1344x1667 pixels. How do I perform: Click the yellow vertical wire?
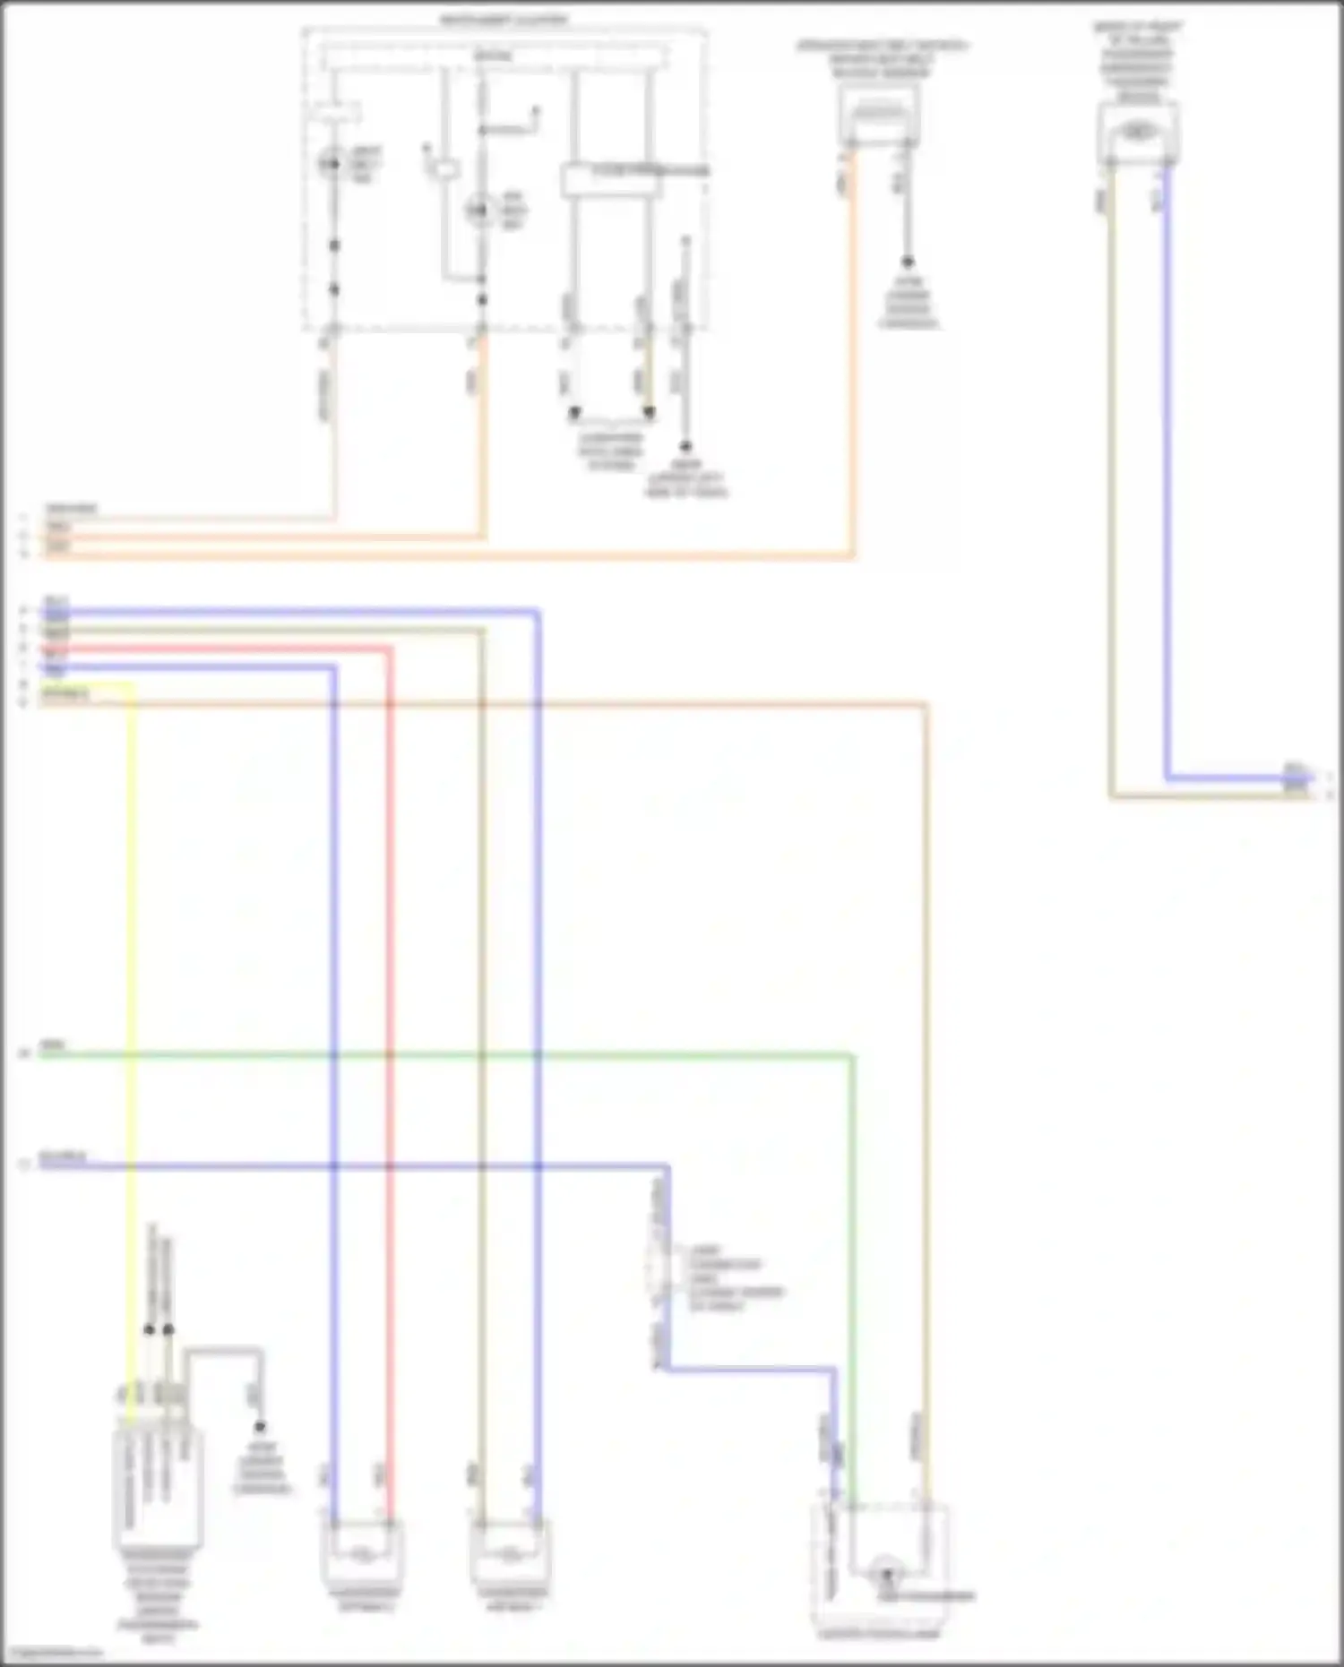pyautogui.click(x=133, y=985)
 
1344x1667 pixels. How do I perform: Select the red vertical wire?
pyautogui.click(x=390, y=985)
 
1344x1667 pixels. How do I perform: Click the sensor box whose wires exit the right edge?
pyautogui.click(x=1137, y=133)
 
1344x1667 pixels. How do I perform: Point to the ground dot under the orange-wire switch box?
pyautogui.click(x=907, y=262)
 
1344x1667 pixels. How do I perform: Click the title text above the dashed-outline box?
pyautogui.click(x=504, y=20)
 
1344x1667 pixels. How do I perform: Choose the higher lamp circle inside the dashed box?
pyautogui.click(x=332, y=164)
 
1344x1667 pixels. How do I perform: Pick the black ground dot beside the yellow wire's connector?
pyautogui.click(x=260, y=1426)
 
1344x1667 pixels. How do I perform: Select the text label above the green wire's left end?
pyautogui.click(x=53, y=1045)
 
